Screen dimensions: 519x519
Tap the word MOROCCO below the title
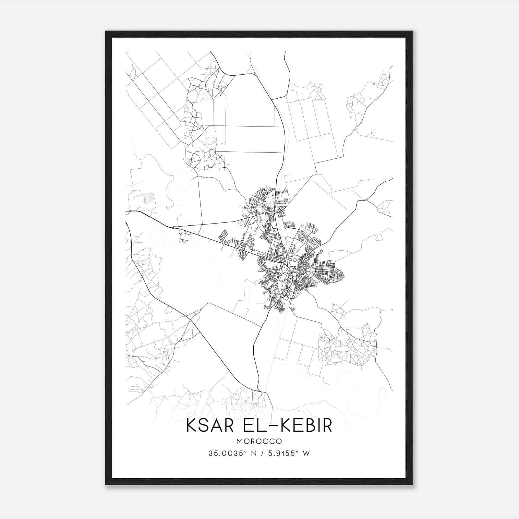coord(259,441)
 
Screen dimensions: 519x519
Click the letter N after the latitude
coord(249,453)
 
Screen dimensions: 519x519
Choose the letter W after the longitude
coord(306,453)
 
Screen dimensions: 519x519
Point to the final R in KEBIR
coord(328,426)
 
